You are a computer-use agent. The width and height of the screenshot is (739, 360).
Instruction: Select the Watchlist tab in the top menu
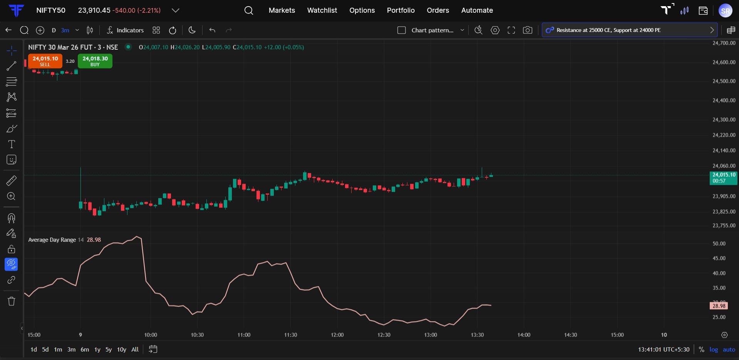[322, 10]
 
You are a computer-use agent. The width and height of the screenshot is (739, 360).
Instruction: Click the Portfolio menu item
[401, 10]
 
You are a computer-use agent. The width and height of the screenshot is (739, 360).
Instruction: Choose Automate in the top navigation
[477, 10]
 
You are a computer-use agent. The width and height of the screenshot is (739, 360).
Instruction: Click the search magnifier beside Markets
[249, 10]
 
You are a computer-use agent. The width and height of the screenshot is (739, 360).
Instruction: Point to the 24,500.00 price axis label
[724, 81]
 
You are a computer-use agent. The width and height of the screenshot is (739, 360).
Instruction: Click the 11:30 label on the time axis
[290, 335]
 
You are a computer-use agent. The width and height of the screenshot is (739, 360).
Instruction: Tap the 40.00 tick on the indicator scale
[719, 273]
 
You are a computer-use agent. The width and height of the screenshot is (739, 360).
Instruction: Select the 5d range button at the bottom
[45, 350]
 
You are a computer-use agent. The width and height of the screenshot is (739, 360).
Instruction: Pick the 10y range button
[121, 350]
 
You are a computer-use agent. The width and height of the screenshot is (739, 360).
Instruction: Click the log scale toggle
[714, 350]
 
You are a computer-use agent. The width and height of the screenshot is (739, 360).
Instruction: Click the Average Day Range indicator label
[52, 240]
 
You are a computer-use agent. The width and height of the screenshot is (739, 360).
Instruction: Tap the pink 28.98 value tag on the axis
[719, 306]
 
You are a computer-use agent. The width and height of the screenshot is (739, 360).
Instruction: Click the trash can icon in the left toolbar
[12, 301]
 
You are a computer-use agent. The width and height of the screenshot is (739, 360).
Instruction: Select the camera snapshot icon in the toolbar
[528, 30]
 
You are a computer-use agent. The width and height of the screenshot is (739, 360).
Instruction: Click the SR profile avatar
[726, 10]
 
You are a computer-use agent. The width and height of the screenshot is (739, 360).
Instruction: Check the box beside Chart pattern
[402, 30]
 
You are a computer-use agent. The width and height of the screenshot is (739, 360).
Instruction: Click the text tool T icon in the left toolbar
[12, 144]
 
